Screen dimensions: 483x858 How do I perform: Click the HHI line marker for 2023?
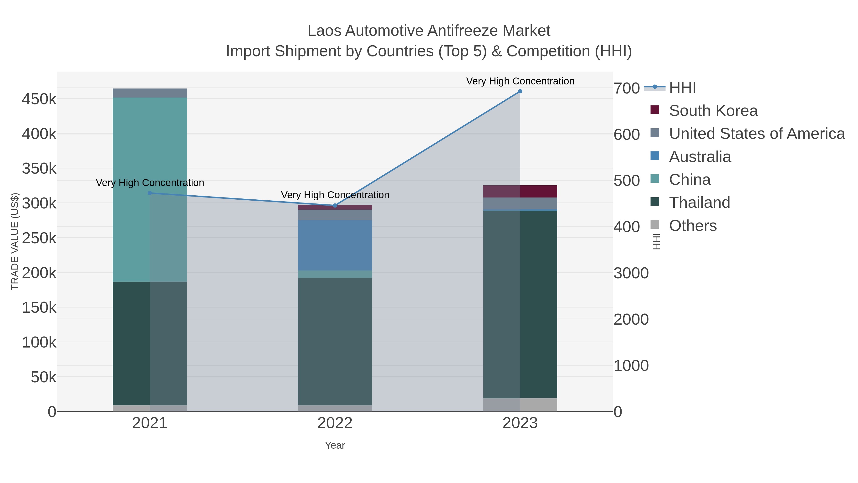(x=520, y=91)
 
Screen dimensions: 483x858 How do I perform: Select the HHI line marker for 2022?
(x=335, y=206)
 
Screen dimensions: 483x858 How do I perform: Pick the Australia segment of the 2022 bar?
(x=335, y=245)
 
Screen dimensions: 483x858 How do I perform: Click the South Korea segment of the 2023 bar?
(x=520, y=191)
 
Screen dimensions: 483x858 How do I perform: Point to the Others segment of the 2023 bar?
(x=520, y=405)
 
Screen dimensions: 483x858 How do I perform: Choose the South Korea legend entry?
(x=713, y=111)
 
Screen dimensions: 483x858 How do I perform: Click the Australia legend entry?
(x=700, y=157)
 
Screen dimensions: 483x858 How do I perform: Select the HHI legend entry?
(x=682, y=88)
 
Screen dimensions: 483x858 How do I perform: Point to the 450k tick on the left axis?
(x=39, y=99)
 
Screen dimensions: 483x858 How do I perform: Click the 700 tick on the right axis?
(x=627, y=88)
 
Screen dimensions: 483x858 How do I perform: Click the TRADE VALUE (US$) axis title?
(x=15, y=241)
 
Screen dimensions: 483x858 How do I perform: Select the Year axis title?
(x=335, y=445)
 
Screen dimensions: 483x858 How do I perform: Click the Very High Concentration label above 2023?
(x=520, y=81)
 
